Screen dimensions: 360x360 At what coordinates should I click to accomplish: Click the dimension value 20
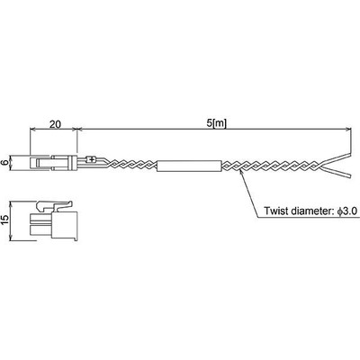[x=55, y=124]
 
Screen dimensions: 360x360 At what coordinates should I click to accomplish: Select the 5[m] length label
[x=216, y=123]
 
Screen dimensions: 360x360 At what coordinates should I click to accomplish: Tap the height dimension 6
[x=4, y=163]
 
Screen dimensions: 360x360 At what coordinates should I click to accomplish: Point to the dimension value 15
[x=4, y=221]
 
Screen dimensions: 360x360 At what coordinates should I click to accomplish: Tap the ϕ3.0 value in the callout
[x=346, y=211]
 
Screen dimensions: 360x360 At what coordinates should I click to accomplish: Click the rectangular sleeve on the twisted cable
[x=189, y=166]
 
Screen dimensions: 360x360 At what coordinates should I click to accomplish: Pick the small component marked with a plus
[x=91, y=159]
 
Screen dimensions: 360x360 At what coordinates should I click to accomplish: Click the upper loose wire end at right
[x=336, y=159]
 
